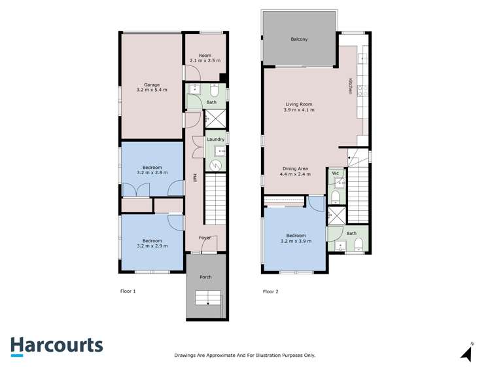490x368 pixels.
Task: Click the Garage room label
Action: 152,84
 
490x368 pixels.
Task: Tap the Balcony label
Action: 299,40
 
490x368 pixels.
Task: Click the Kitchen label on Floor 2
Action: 351,86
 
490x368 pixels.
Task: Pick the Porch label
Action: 205,277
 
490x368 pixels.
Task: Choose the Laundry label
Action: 215,139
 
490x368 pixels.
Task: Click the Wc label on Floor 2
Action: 335,173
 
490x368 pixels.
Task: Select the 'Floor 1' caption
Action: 128,291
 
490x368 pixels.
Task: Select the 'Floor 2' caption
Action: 271,291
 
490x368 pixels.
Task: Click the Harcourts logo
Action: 56,346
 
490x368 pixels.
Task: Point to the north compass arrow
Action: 466,354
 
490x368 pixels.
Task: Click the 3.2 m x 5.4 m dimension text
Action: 152,90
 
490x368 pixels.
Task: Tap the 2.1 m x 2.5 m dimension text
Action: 205,61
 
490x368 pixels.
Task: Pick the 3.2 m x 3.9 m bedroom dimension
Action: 295,241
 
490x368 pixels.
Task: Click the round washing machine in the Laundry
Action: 213,165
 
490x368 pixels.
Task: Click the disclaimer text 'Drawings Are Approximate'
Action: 245,356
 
